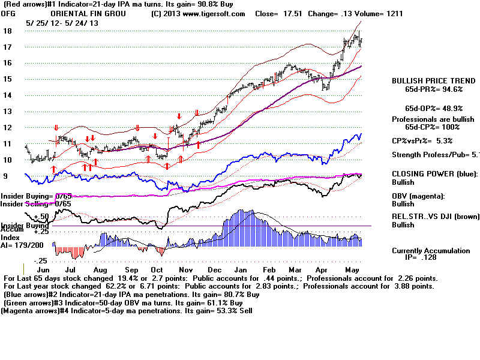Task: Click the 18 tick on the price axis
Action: [x=7, y=31]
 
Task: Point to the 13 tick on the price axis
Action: [x=7, y=111]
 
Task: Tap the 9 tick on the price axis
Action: [x=5, y=176]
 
